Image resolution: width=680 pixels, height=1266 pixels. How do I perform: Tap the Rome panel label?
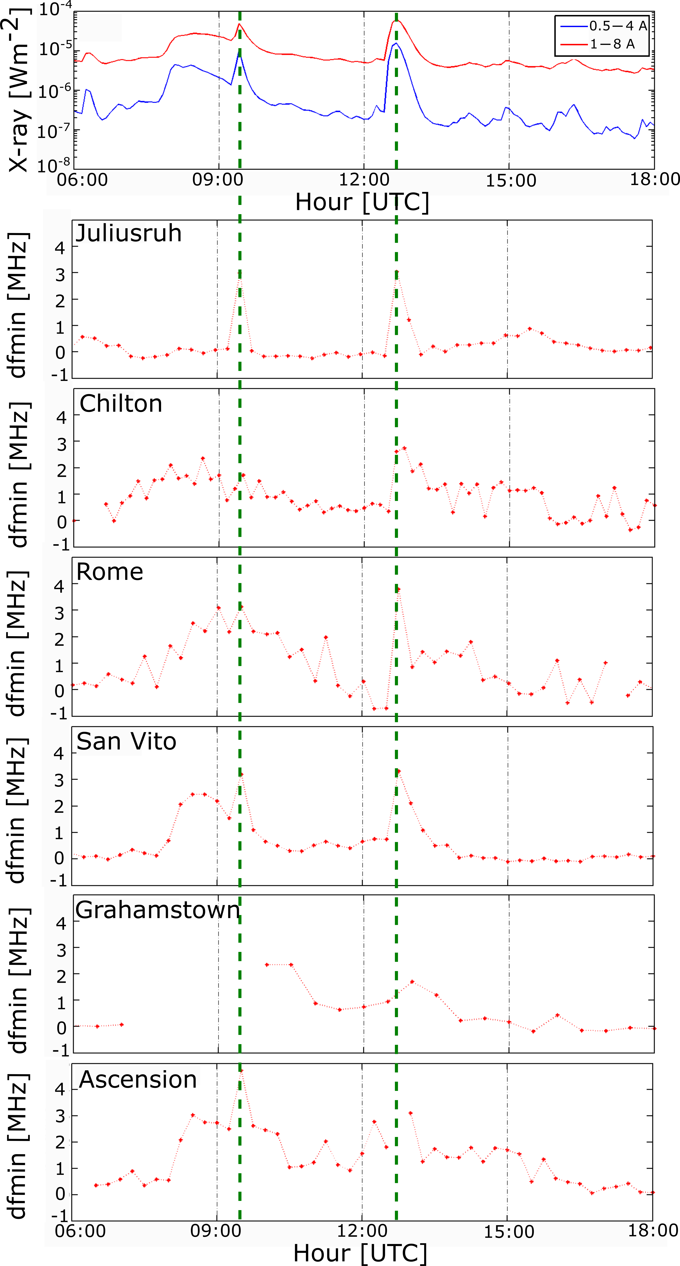pyautogui.click(x=110, y=572)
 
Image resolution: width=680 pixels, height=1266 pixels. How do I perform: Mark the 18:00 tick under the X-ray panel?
pyautogui.click(x=655, y=179)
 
